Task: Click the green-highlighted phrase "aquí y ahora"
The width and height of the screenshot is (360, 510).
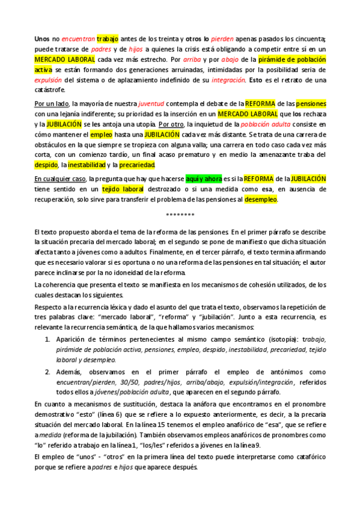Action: [x=204, y=179]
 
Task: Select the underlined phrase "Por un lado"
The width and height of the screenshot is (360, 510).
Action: [x=52, y=103]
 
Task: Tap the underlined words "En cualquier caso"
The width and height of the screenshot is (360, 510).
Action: [x=60, y=179]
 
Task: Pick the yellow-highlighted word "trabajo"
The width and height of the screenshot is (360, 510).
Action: [x=108, y=38]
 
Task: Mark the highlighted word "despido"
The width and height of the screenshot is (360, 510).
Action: [x=46, y=164]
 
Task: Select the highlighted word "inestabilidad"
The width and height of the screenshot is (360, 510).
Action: [x=86, y=164]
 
